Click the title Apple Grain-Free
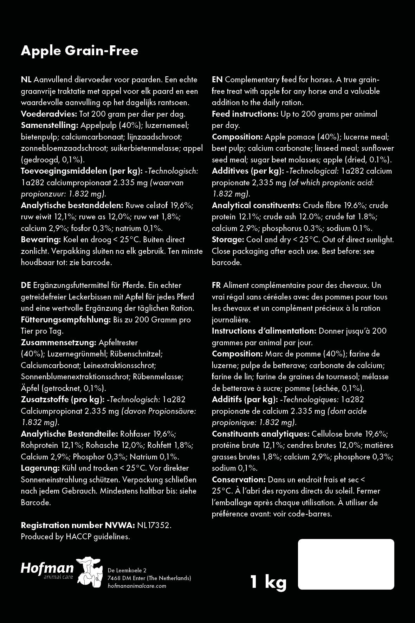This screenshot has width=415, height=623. [x=79, y=51]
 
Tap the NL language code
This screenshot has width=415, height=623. [x=26, y=80]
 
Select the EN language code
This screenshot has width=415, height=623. [x=217, y=80]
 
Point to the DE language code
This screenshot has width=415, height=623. [x=26, y=285]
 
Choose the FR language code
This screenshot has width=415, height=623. [x=216, y=285]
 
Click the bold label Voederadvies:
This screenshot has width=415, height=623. [x=49, y=114]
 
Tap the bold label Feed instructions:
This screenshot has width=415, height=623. [x=245, y=114]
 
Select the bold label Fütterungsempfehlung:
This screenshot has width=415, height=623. [x=66, y=320]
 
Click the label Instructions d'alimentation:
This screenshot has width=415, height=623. [x=264, y=331]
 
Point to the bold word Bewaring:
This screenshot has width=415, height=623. [x=41, y=240]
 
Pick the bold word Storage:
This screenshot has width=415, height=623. [x=228, y=240]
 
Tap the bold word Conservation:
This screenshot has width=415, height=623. [x=239, y=480]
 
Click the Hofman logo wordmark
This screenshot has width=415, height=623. [x=47, y=569]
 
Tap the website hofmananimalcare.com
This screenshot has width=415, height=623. [x=137, y=586]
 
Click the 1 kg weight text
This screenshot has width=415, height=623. [x=268, y=582]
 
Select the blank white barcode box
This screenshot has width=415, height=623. [x=346, y=564]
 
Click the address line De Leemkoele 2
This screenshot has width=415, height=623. [x=127, y=570]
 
